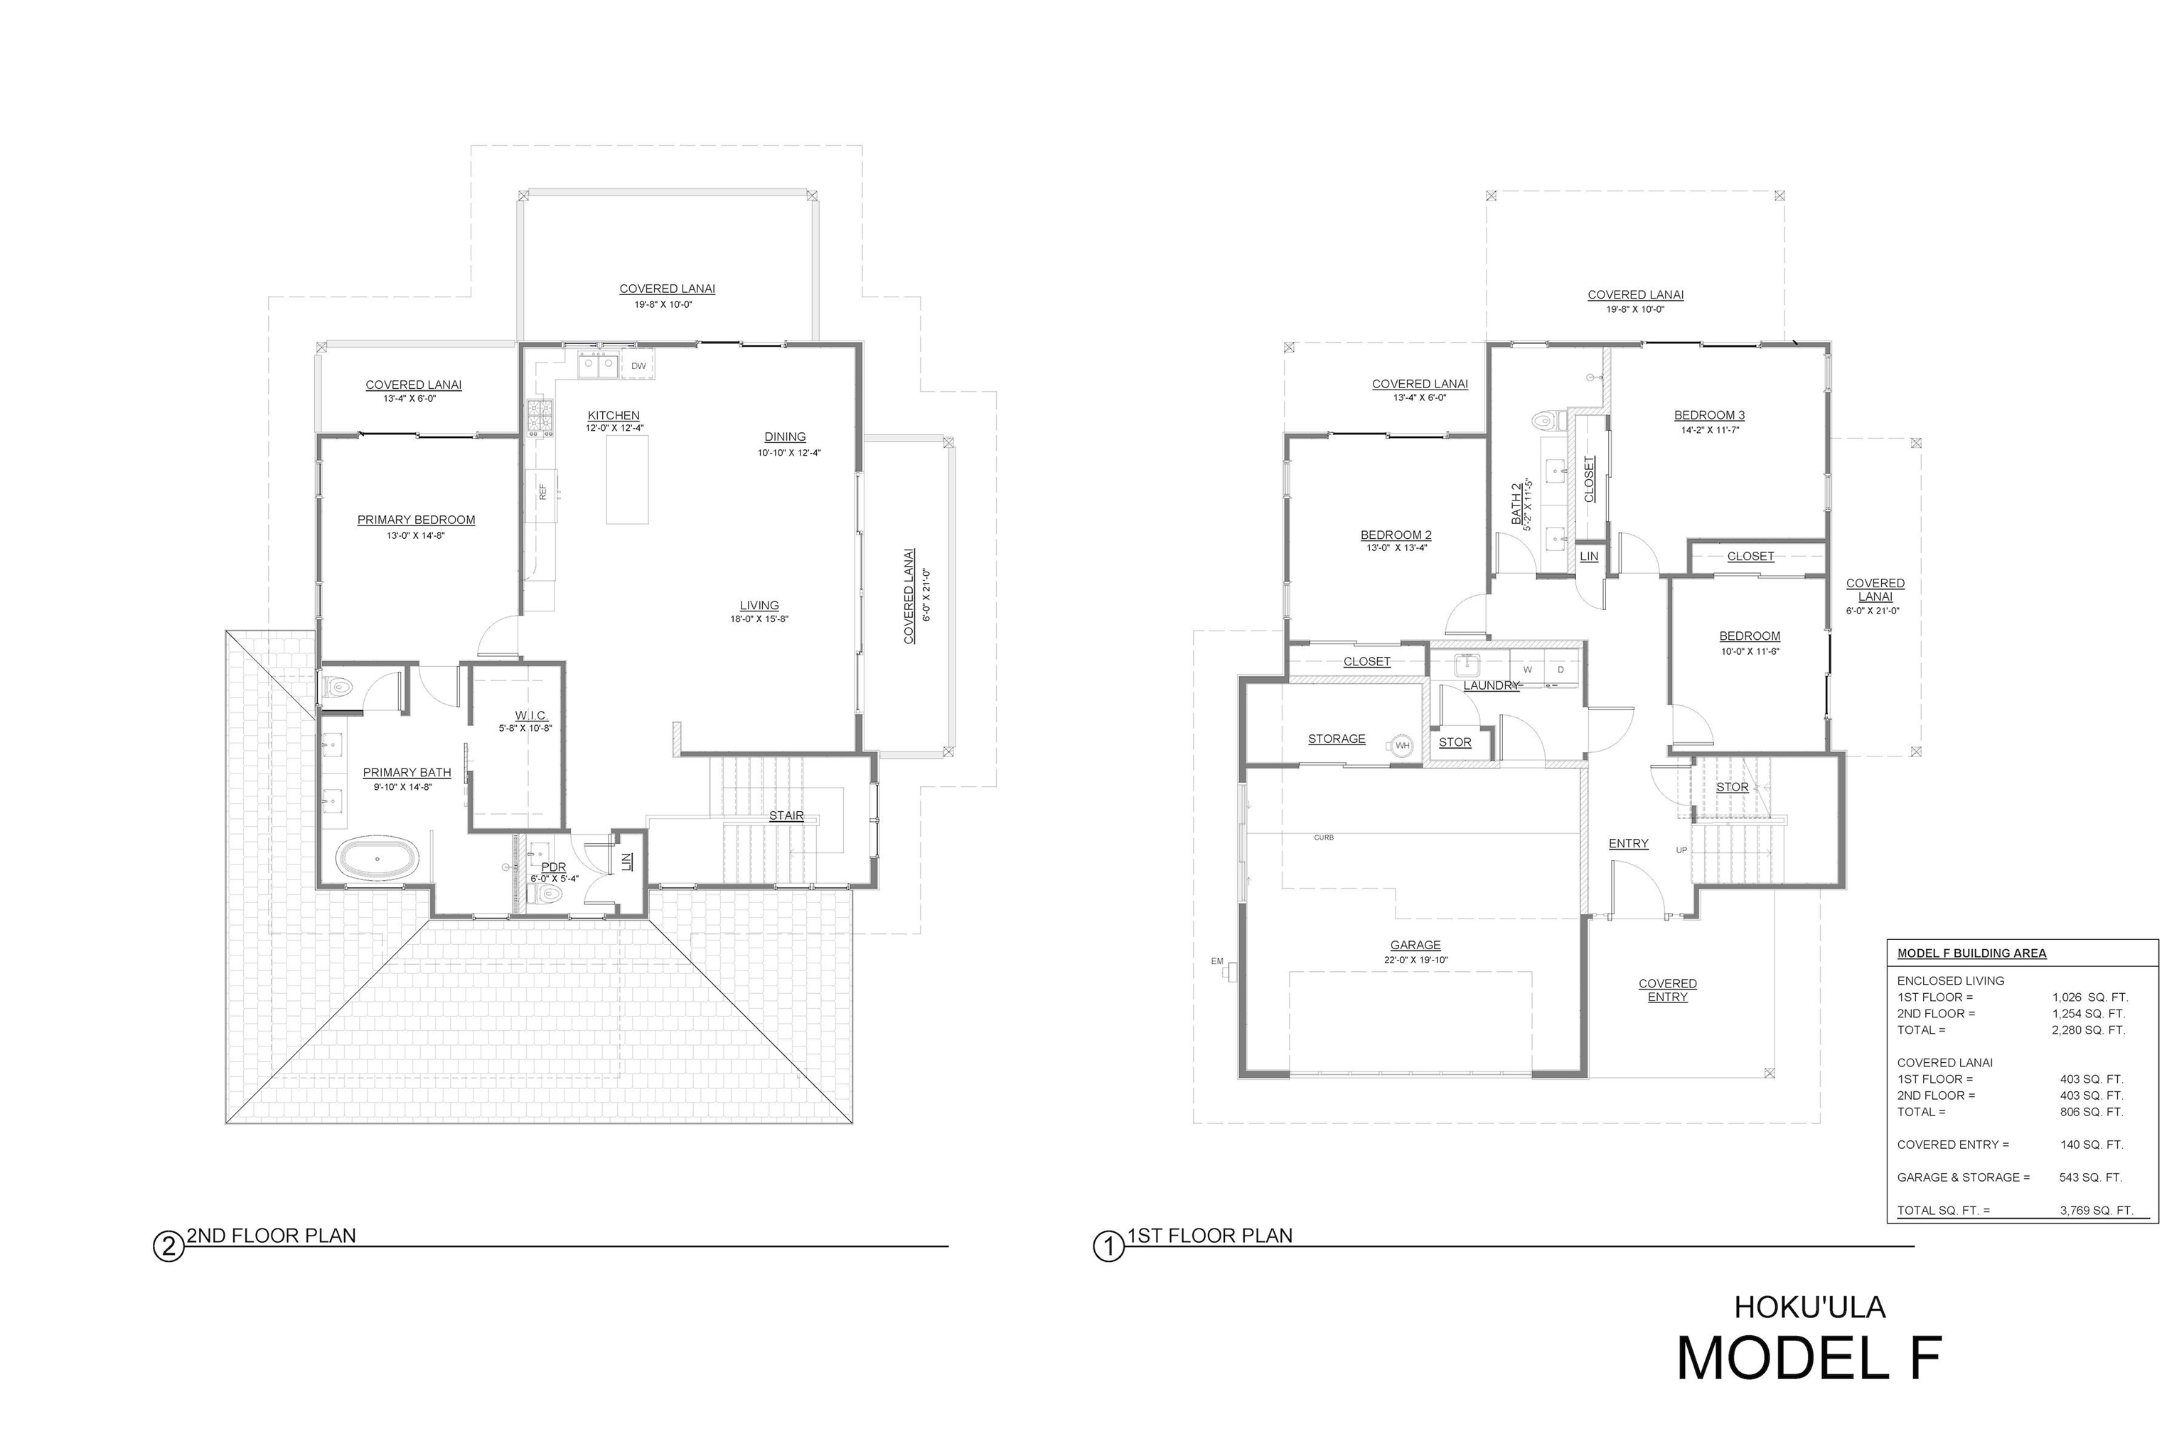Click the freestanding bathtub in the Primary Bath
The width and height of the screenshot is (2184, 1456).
pos(377,859)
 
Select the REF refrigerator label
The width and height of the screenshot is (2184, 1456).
pos(543,491)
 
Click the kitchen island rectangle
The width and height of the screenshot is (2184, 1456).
pos(627,480)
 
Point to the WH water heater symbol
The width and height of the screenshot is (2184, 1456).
pos(1402,745)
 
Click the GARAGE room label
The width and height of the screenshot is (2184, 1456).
pos(1415,946)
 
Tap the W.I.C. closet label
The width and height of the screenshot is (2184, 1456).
pos(531,715)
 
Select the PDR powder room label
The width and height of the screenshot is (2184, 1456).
pos(553,867)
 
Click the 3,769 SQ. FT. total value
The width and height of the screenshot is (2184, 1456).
pos(2096,1210)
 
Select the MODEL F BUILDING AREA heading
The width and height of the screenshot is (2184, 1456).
pos(1971,953)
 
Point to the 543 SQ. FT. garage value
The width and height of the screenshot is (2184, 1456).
pos(2090,1177)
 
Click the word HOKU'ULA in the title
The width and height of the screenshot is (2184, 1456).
pos(1810,1307)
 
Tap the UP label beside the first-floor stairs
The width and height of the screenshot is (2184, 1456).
pos(1681,850)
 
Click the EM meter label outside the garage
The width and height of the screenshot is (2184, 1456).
pos(1217,961)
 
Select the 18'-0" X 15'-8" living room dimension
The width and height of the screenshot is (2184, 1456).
pos(759,619)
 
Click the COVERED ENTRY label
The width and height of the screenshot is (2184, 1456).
pos(1668,990)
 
